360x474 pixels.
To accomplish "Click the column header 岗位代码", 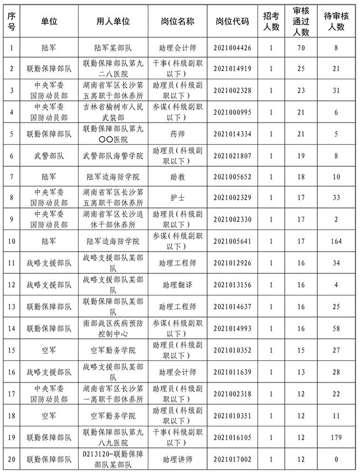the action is (x=232, y=21).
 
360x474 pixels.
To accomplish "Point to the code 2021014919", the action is (x=232, y=69).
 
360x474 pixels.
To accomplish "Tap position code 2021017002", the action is (x=232, y=460).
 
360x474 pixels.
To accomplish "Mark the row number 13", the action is (x=12, y=307).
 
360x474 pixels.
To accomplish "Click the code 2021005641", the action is (x=232, y=242).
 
